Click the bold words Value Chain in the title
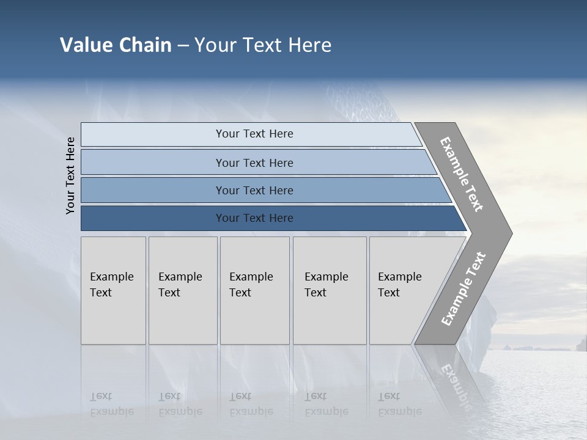click(x=116, y=45)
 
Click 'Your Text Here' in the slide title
click(x=263, y=45)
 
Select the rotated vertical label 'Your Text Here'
click(x=70, y=175)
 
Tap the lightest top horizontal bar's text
click(x=254, y=134)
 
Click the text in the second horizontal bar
click(x=254, y=163)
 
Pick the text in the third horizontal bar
click(x=254, y=191)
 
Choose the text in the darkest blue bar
click(x=254, y=218)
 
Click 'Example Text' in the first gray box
click(x=111, y=285)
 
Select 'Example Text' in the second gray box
click(x=180, y=285)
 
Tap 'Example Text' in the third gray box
click(x=251, y=285)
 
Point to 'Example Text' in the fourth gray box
click(x=326, y=285)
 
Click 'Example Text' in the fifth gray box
click(x=399, y=285)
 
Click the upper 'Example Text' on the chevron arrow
click(x=462, y=174)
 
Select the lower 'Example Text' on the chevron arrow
click(x=463, y=289)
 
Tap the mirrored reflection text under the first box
click(x=111, y=404)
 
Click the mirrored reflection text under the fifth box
click(x=399, y=404)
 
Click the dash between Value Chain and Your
click(x=183, y=46)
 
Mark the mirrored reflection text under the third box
click(x=251, y=404)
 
